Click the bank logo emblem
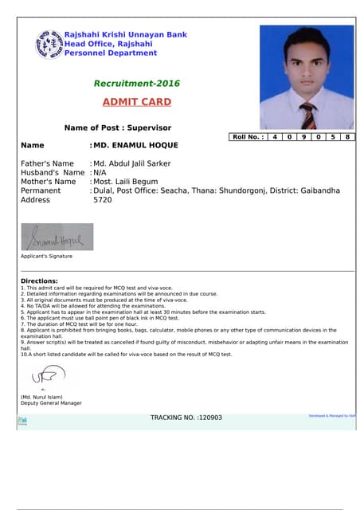(x=49, y=44)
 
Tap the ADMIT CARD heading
(x=136, y=102)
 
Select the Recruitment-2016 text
(x=137, y=84)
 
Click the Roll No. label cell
(x=247, y=137)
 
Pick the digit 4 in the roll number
(x=275, y=137)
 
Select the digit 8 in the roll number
(x=348, y=137)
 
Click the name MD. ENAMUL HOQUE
(x=135, y=146)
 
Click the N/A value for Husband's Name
(x=100, y=172)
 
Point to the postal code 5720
(x=103, y=200)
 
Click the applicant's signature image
(x=57, y=237)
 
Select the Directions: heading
(x=39, y=281)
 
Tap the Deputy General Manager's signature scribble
(x=51, y=373)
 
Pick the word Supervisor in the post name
(x=151, y=127)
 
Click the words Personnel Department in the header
(x=111, y=53)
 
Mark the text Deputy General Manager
(x=51, y=403)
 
